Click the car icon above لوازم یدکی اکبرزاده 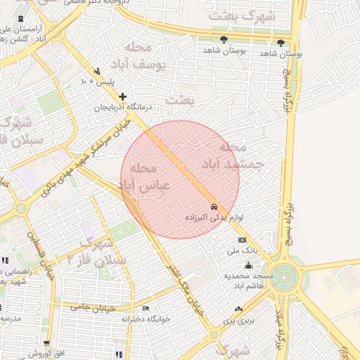coord(213,207)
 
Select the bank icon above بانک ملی coord(243,240)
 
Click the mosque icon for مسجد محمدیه coord(247,266)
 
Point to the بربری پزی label coord(238,320)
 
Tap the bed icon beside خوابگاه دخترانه coord(146,309)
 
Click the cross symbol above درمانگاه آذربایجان coord(123,96)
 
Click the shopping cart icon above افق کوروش coord(47,343)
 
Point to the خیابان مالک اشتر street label coord(182,288)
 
